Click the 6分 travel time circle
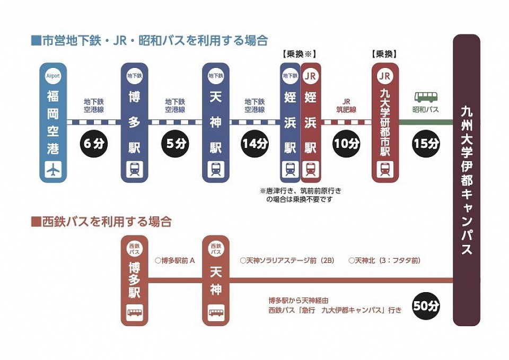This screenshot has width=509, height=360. [94, 144]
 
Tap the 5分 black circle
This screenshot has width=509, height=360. [175, 144]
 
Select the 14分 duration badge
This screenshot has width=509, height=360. [255, 144]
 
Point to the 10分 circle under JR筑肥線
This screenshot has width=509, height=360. [346, 144]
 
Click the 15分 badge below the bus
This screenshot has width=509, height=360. [426, 144]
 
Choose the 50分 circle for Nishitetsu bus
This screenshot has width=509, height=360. [426, 305]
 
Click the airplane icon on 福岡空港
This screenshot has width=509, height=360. [53, 169]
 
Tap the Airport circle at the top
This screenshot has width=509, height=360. [53, 76]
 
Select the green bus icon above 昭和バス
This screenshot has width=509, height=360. [426, 96]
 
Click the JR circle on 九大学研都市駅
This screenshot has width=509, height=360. [385, 76]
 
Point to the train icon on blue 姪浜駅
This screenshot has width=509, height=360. [290, 169]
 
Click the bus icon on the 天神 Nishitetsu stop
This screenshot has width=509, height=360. [216, 313]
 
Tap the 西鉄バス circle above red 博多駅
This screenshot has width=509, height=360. [134, 249]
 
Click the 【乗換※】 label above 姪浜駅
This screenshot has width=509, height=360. [299, 54]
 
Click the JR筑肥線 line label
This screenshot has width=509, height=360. [346, 106]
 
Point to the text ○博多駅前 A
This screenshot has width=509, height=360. [175, 260]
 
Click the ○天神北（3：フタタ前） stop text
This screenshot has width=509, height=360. [385, 260]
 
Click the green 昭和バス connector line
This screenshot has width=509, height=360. [426, 122]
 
